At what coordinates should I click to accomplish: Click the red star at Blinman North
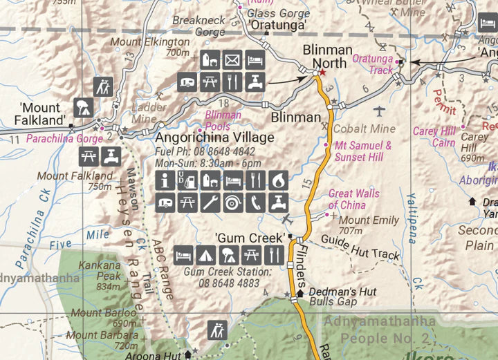(x=322, y=72)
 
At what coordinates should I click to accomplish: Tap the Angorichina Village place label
(x=214, y=138)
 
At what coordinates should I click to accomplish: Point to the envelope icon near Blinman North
(x=232, y=60)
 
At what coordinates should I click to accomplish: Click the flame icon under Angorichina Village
(x=277, y=181)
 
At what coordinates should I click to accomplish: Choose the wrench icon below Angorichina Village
(x=210, y=202)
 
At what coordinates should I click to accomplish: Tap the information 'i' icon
(x=165, y=181)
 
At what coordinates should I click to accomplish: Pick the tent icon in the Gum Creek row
(x=205, y=254)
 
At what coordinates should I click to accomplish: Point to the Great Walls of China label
(x=353, y=199)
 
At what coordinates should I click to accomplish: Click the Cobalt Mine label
(x=365, y=129)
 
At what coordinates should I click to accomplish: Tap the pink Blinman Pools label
(x=223, y=120)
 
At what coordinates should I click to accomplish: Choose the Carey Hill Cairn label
(x=434, y=137)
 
